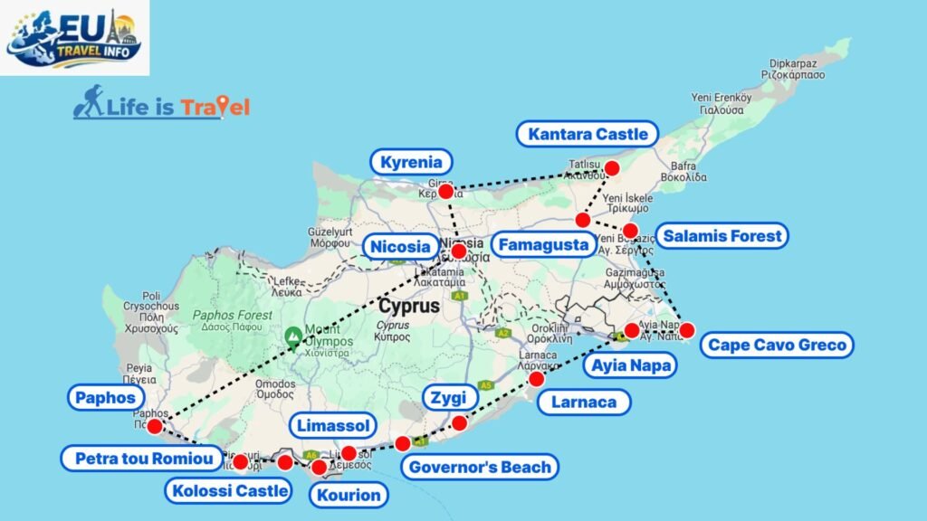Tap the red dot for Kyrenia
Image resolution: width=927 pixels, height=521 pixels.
(445, 191)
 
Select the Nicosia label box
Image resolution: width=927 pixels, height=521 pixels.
(398, 246)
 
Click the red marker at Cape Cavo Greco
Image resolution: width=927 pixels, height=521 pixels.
(687, 329)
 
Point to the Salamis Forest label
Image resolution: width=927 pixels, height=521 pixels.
(722, 236)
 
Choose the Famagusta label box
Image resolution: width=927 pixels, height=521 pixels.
(544, 244)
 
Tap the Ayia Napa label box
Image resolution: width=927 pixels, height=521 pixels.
(630, 365)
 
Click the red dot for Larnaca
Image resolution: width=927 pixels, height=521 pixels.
(537, 379)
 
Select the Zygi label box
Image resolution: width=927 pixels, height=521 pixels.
(450, 396)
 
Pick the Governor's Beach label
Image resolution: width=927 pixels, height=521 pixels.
(480, 467)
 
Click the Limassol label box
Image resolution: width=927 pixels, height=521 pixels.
(332, 425)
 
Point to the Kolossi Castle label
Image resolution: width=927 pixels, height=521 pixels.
(228, 491)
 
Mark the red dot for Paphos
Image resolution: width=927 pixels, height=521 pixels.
(155, 426)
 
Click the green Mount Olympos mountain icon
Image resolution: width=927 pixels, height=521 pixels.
(293, 336)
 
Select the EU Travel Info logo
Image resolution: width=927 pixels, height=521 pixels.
(74, 37)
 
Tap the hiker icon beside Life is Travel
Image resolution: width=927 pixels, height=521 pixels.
(88, 103)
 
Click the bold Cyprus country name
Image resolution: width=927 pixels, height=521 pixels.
(409, 306)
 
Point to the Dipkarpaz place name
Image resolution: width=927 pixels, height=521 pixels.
(793, 64)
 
